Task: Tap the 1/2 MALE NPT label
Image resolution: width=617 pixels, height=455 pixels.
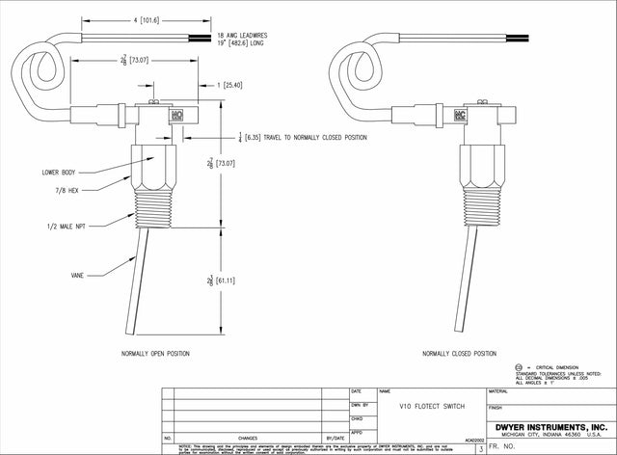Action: coord(67,225)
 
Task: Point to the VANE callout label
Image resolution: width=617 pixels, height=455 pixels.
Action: coord(77,275)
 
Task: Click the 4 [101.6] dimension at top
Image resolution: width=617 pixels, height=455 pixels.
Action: coord(128,18)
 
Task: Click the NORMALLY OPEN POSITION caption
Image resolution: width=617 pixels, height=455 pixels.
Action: coord(155,354)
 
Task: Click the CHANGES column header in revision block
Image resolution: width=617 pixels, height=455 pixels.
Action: coord(248,437)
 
